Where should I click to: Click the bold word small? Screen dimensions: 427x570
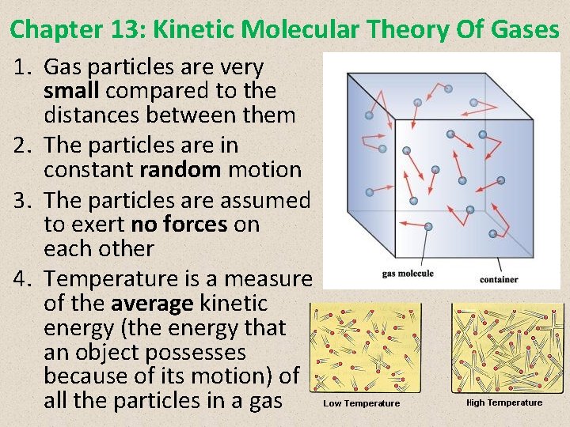[x=72, y=91]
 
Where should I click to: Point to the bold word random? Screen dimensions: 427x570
[x=181, y=169]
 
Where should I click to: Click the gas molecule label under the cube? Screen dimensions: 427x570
[x=408, y=274]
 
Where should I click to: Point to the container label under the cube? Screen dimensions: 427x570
[x=499, y=279]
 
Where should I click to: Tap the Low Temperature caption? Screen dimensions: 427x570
[x=361, y=403]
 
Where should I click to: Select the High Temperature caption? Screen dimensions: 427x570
[x=504, y=402]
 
